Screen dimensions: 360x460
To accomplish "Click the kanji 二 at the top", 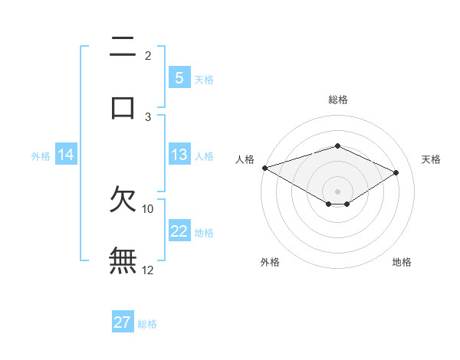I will pyautogui.click(x=123, y=47).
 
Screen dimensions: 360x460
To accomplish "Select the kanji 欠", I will pyautogui.click(x=123, y=199).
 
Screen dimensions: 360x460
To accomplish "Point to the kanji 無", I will pyautogui.click(x=123, y=260).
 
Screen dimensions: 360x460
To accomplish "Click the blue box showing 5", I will pyautogui.click(x=179, y=77).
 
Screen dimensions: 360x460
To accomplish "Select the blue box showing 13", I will pyautogui.click(x=179, y=155).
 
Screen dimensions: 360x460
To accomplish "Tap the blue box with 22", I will pyautogui.click(x=179, y=231).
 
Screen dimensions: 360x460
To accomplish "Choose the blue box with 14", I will pyautogui.click(x=66, y=155).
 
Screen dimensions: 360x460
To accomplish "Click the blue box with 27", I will pyautogui.click(x=123, y=322).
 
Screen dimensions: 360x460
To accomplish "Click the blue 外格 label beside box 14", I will pyautogui.click(x=41, y=155).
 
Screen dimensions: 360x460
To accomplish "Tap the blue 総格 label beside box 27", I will pyautogui.click(x=147, y=323).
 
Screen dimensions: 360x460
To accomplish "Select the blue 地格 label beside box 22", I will pyautogui.click(x=204, y=232).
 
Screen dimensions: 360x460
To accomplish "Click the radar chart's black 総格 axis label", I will pyautogui.click(x=337, y=100).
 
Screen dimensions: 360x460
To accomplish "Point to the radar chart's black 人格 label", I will pyautogui.click(x=245, y=159).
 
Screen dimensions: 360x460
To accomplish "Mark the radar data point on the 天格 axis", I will pyautogui.click(x=396, y=172).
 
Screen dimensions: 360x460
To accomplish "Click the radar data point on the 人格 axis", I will pyautogui.click(x=264, y=167).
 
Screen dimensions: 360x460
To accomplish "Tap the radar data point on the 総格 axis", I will pyautogui.click(x=337, y=146).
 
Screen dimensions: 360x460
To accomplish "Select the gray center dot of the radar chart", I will pyautogui.click(x=337, y=191).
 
